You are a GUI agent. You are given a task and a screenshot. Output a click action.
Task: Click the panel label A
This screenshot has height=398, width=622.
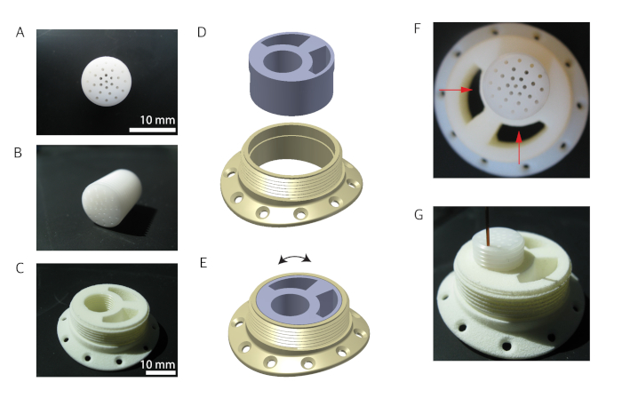20,33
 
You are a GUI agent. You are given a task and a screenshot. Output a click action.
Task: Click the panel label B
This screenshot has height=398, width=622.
18,153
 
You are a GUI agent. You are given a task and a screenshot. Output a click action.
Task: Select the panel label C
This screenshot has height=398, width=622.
20,268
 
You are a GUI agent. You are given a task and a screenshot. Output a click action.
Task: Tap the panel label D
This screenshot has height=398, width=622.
202,32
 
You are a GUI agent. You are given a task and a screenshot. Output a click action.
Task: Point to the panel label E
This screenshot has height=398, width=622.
203,263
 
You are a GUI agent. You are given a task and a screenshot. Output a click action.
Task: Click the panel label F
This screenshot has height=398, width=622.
417,28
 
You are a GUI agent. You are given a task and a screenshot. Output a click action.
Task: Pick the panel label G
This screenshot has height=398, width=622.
419,215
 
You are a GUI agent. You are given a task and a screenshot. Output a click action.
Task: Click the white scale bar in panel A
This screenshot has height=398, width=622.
152,130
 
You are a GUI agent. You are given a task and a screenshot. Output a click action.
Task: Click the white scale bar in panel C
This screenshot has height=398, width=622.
160,372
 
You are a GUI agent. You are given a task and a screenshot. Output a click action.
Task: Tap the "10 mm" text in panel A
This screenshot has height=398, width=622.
157,120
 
